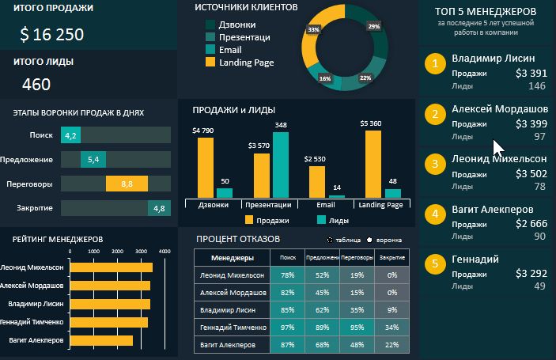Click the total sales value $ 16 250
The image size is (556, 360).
tap(52, 34)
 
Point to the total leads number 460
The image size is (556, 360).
tap(36, 85)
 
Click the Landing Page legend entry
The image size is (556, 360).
tap(246, 62)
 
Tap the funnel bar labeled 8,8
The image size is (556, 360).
tap(126, 184)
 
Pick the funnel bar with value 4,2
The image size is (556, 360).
tap(70, 135)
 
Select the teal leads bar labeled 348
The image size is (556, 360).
tap(281, 164)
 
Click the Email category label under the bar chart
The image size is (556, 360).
tap(326, 205)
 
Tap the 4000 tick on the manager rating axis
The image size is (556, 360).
tap(165, 251)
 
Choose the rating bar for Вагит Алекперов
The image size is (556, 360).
tap(101, 340)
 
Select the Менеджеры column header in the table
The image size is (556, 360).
tap(233, 257)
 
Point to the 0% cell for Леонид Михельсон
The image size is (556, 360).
tap(392, 275)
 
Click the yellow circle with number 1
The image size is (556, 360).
tap(434, 64)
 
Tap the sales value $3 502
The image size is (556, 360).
tap(530, 174)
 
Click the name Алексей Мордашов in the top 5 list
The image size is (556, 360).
tap(499, 109)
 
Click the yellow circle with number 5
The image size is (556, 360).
tap(434, 264)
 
